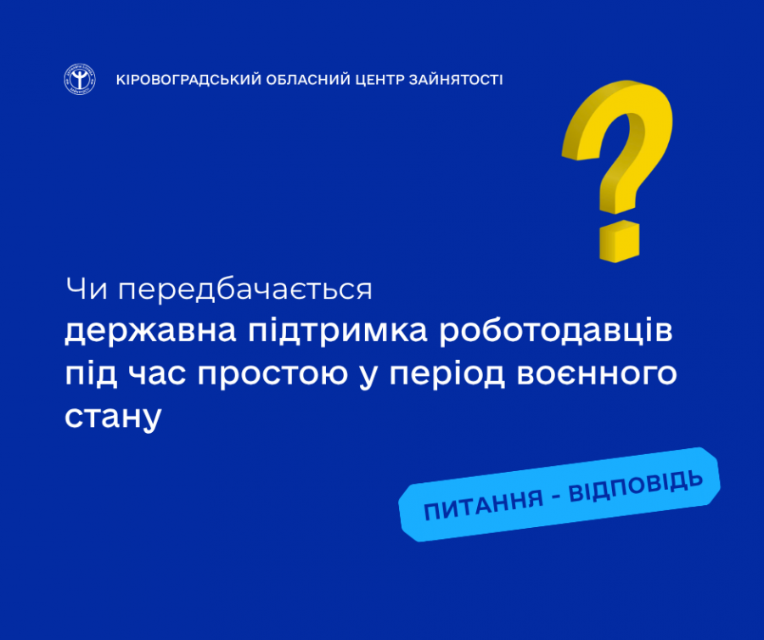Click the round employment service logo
coord(80,79)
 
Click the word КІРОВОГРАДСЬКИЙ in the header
coord(189,80)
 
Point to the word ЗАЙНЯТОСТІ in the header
coord(456,80)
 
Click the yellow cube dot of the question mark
coord(619,241)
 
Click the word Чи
coord(87,289)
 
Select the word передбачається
coord(245,290)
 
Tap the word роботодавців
coord(556,331)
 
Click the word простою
coord(272,374)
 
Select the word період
coord(447,374)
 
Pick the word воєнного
coord(597,374)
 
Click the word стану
coord(113,417)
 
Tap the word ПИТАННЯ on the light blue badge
coord(483,505)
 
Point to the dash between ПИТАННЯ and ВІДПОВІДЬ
coord(556,497)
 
